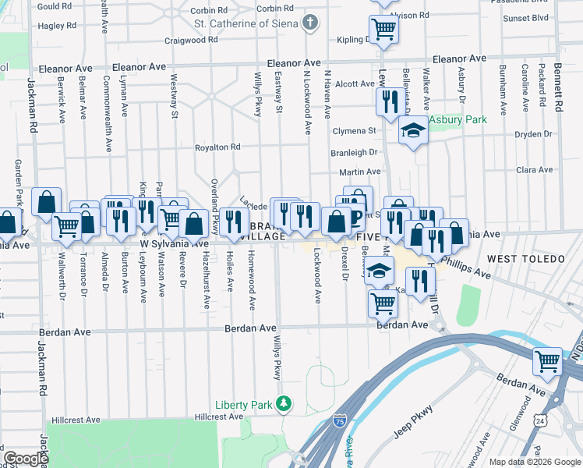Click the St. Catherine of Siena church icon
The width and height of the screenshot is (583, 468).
310,22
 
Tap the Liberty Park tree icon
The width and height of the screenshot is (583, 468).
285,403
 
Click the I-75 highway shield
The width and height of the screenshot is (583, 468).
339,420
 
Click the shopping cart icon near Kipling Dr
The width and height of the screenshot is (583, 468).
383,29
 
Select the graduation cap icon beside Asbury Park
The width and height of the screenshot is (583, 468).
413,130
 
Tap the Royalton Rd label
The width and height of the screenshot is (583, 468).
217,147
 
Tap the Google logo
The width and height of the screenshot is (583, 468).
25,459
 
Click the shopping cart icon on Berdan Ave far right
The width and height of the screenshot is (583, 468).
547,362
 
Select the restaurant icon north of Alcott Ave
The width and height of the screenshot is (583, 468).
388,101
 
